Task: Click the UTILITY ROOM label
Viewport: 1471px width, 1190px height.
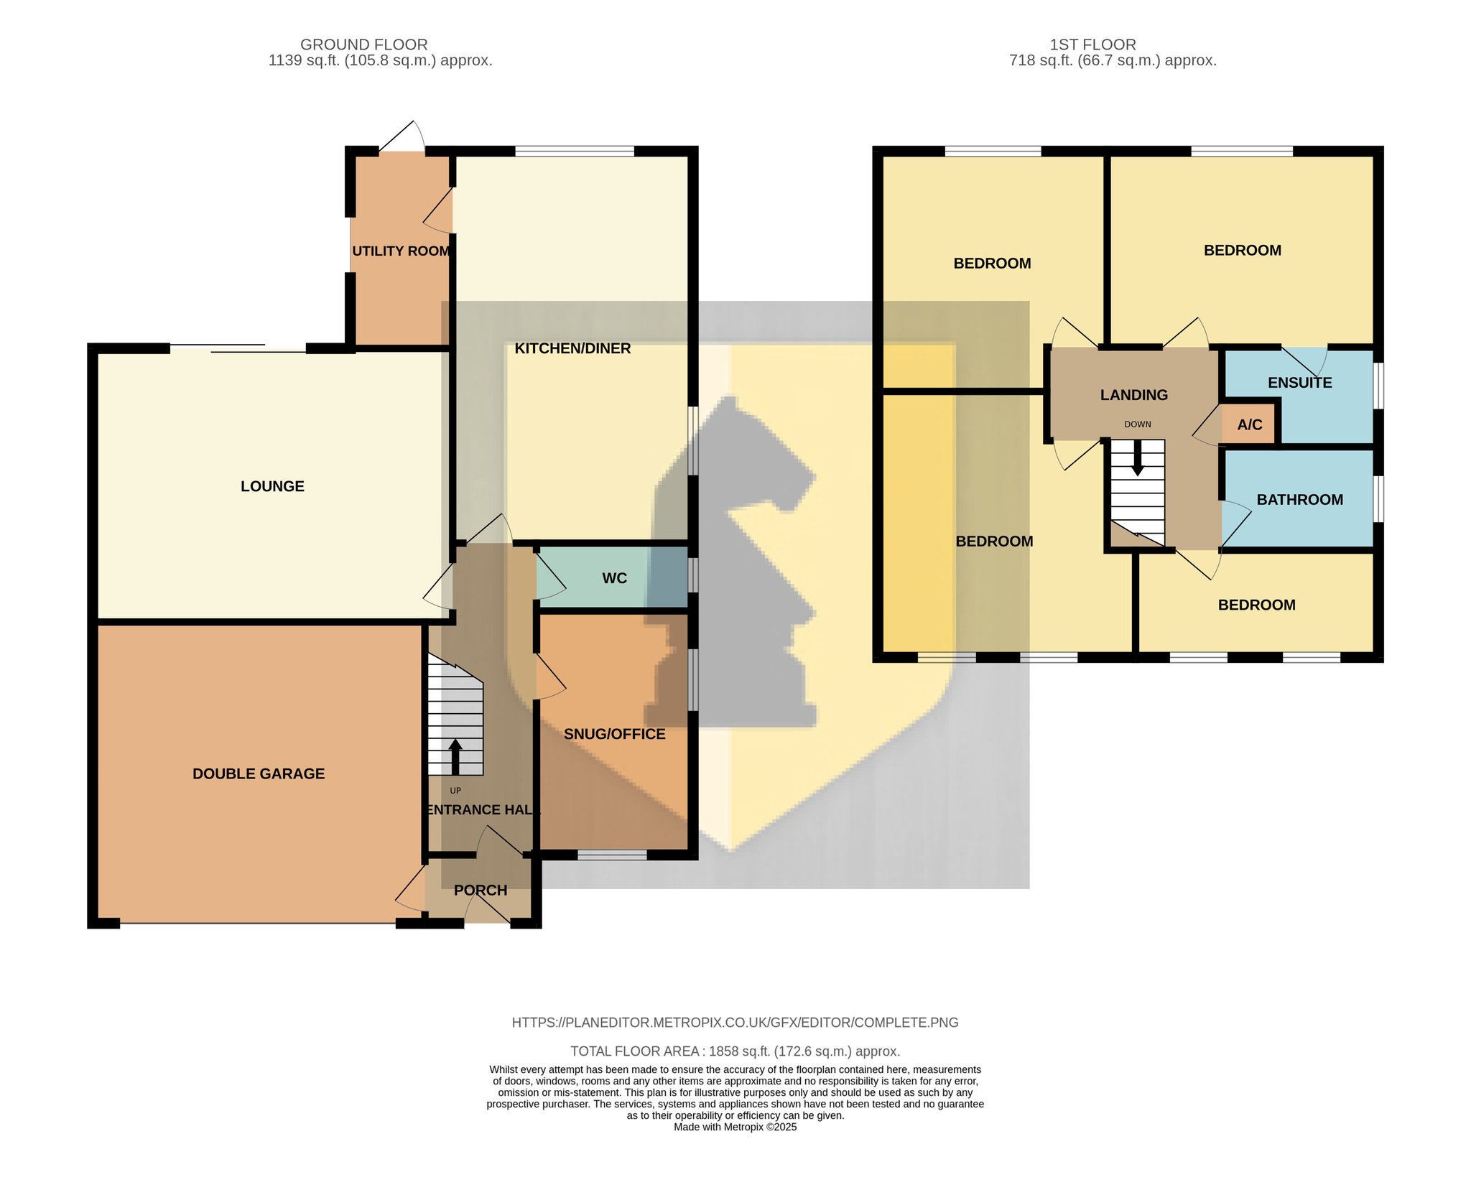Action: click(x=402, y=251)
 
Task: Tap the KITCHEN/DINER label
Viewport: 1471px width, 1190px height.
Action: click(x=572, y=348)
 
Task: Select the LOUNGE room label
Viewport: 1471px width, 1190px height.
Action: click(x=272, y=486)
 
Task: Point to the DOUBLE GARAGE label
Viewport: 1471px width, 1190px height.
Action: click(x=259, y=773)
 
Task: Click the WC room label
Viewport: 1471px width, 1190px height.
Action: click(x=615, y=578)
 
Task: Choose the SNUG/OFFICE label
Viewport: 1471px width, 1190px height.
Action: click(x=615, y=734)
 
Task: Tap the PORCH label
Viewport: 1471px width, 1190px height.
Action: click(x=481, y=891)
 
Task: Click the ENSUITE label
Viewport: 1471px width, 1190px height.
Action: click(x=1300, y=383)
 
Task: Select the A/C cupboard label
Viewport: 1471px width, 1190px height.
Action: click(x=1250, y=424)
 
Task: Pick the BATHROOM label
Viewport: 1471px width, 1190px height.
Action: click(x=1300, y=500)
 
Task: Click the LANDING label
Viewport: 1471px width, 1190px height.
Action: click(x=1134, y=395)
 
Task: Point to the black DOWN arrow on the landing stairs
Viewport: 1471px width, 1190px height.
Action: click(x=1138, y=457)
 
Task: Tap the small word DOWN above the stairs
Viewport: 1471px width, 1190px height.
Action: click(x=1138, y=424)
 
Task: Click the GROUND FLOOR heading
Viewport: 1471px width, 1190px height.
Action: click(x=364, y=45)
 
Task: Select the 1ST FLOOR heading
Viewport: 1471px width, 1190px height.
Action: click(x=1093, y=45)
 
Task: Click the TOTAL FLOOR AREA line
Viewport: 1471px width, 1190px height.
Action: click(x=735, y=1051)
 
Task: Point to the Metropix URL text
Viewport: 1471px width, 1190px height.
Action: click(x=735, y=1023)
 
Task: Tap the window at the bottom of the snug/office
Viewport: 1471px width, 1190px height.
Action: click(x=613, y=855)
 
